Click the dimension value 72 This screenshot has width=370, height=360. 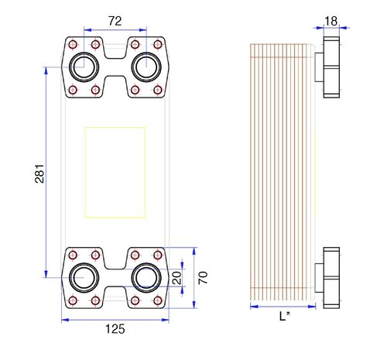pyautogui.click(x=115, y=22)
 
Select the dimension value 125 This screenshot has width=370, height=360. pyautogui.click(x=114, y=328)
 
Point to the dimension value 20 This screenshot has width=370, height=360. pyautogui.click(x=176, y=276)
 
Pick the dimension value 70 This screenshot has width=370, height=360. pyautogui.click(x=203, y=276)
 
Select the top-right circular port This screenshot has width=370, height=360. pyautogui.click(x=144, y=67)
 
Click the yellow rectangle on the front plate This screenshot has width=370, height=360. pyautogui.click(x=115, y=172)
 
